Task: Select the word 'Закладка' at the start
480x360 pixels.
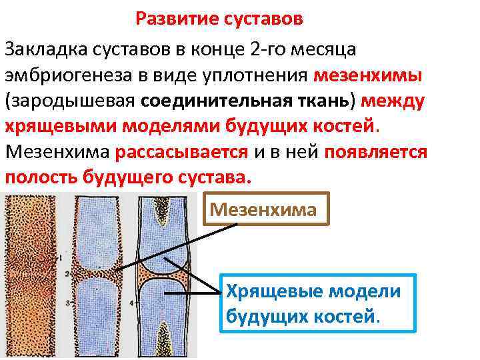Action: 45,49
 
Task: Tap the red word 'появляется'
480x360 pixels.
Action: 376,151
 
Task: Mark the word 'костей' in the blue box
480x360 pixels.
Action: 345,316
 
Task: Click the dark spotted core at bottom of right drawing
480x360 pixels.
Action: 163,333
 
